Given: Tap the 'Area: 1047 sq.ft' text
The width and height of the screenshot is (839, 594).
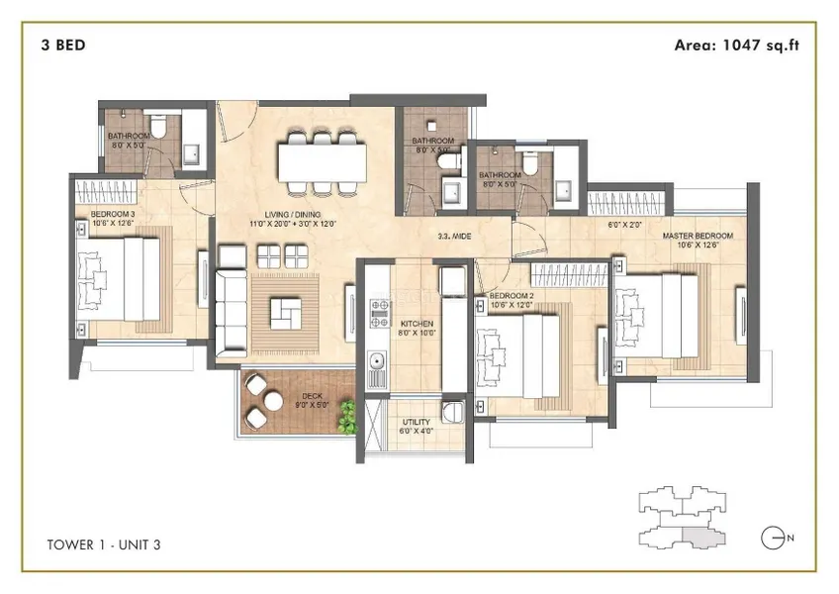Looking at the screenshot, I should [736, 45].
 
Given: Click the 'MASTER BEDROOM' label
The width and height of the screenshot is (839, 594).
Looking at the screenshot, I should [698, 236].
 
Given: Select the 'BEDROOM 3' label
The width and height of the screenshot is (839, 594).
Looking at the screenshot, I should [111, 213].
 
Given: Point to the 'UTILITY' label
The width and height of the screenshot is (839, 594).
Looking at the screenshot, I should [416, 422].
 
